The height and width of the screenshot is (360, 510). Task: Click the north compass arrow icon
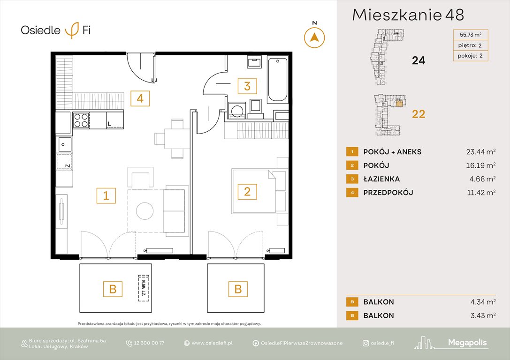pos(314,37)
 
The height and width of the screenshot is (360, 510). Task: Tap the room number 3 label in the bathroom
pos(247,86)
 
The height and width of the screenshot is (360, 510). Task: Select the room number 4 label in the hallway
pos(140,98)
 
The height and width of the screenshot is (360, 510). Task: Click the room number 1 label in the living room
pos(106,195)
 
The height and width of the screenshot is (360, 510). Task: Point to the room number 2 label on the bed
pos(247,191)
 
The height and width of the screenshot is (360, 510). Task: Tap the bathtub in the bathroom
pos(277,79)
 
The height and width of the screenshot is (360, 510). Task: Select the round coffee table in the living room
pos(145,211)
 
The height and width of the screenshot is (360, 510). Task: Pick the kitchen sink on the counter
pos(64,143)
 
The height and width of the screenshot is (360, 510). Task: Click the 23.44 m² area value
pos(478,151)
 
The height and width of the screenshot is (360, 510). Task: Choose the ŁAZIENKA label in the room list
pos(381,179)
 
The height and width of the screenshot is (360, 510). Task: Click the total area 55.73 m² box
pos(470,34)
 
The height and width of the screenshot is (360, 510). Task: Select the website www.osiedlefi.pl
pos(212,343)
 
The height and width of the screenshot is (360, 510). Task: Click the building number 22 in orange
pos(418,114)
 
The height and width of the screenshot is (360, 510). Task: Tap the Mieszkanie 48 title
pos(408,15)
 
